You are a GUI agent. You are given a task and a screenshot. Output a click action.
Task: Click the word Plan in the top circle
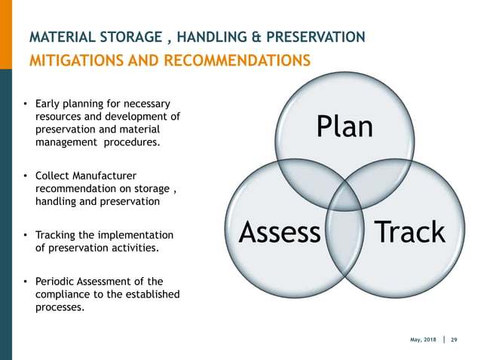pos(345,127)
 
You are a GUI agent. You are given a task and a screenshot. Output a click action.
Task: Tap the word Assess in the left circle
pos(279,233)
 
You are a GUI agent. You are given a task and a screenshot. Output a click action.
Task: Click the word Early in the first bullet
pos(50,103)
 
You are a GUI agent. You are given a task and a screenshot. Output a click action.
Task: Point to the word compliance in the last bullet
pos(63,294)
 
